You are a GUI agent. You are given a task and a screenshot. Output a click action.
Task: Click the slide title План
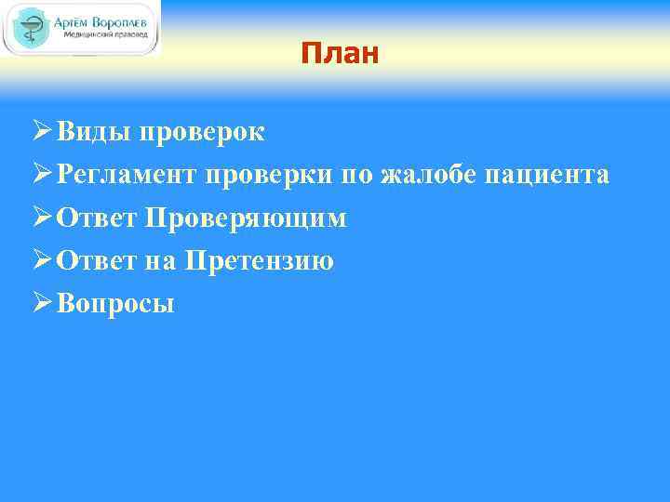pyautogui.click(x=340, y=54)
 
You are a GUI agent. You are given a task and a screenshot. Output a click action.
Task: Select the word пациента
pyautogui.click(x=546, y=175)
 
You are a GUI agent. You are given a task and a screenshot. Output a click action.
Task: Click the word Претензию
pyautogui.click(x=259, y=261)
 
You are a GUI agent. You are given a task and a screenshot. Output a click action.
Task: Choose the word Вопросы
pyautogui.click(x=114, y=304)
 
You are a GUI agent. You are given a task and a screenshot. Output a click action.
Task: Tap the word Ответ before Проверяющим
pyautogui.click(x=98, y=218)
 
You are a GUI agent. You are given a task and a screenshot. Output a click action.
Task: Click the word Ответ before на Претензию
pyautogui.click(x=98, y=261)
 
